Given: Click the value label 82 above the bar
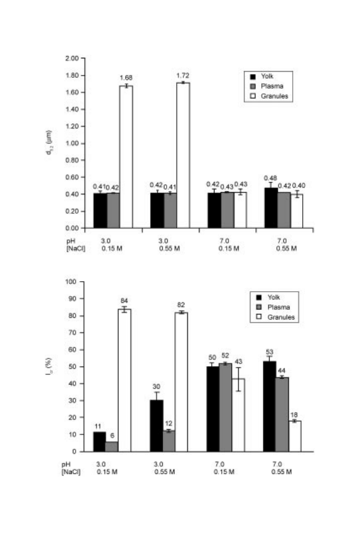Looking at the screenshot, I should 181,305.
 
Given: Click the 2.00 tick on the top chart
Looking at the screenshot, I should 72,58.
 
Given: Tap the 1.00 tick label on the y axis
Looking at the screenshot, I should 72,143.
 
